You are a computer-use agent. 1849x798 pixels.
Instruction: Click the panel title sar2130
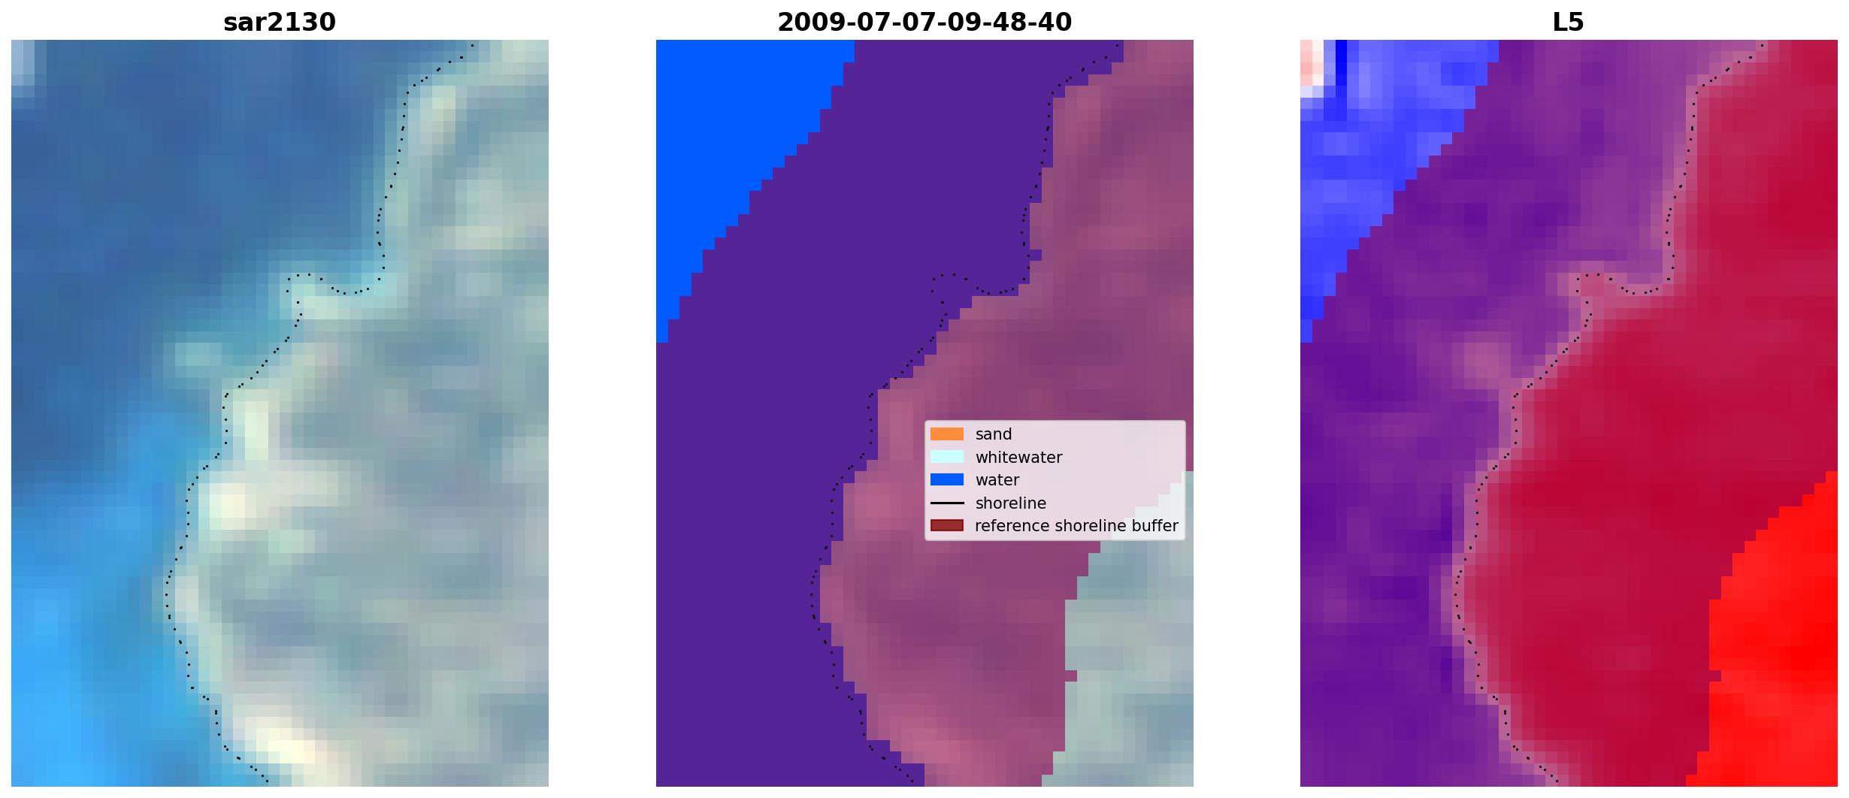[280, 23]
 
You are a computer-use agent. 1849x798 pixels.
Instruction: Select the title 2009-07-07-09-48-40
[924, 23]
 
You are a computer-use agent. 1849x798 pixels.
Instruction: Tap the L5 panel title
[1569, 23]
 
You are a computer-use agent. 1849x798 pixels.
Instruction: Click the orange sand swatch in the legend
[947, 434]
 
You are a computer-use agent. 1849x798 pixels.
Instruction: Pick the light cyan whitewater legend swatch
[947, 457]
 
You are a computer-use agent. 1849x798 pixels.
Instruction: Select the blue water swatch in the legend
[947, 479]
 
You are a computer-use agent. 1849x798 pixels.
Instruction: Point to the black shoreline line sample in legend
[947, 503]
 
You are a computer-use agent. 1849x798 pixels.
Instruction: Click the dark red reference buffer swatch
[947, 525]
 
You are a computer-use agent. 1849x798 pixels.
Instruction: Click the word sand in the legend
[994, 434]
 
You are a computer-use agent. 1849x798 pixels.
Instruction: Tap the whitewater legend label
[1018, 458]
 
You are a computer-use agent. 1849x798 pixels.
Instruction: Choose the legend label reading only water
[997, 480]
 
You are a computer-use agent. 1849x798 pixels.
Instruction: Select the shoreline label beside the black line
[1010, 503]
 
